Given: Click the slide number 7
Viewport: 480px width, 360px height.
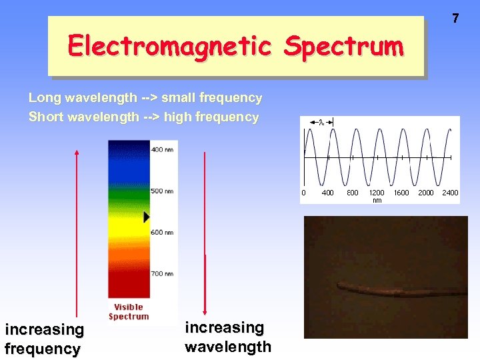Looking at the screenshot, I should (455, 19).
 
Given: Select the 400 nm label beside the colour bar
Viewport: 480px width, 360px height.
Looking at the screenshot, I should (162, 149).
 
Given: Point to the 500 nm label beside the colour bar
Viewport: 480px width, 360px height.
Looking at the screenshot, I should (162, 191).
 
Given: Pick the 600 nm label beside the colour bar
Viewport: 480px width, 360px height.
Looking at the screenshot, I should (162, 232).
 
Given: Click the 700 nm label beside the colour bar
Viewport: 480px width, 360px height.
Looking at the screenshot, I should (162, 273).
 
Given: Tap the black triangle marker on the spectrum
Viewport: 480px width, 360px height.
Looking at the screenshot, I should (147, 217).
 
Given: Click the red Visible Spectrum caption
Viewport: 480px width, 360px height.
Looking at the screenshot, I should (129, 311).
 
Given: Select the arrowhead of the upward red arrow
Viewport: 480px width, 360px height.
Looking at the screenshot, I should (77, 153).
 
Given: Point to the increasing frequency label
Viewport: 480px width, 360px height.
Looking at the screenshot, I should (44, 339).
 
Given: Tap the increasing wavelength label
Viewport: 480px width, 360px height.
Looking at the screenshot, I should (227, 337).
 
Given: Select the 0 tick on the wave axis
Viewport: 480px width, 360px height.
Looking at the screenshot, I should (304, 193).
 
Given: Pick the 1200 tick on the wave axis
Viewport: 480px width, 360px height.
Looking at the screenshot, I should (377, 193).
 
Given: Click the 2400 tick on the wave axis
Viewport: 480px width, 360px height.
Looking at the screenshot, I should (450, 193).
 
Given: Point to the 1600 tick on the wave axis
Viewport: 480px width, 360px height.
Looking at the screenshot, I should (401, 193).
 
